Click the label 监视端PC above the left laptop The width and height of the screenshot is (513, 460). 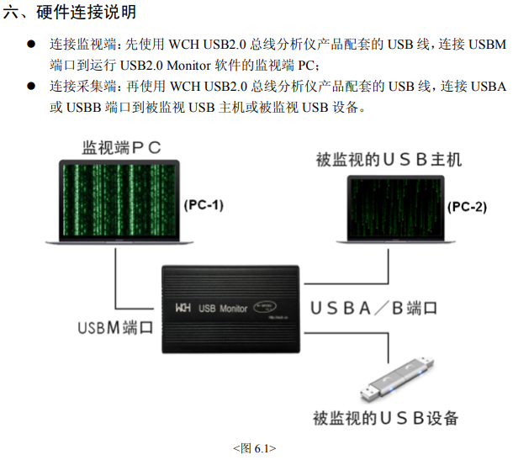pos(122,148)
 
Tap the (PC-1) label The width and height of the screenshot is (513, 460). pos(204,204)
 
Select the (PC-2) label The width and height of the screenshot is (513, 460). pos(467,207)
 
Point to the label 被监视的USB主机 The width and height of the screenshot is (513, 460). pos(389,159)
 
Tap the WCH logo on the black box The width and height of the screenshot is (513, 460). pos(183,309)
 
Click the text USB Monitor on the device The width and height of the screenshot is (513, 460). pos(223,309)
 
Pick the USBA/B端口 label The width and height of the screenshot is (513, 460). pos(373,308)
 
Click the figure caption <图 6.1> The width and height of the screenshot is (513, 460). pos(254,448)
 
